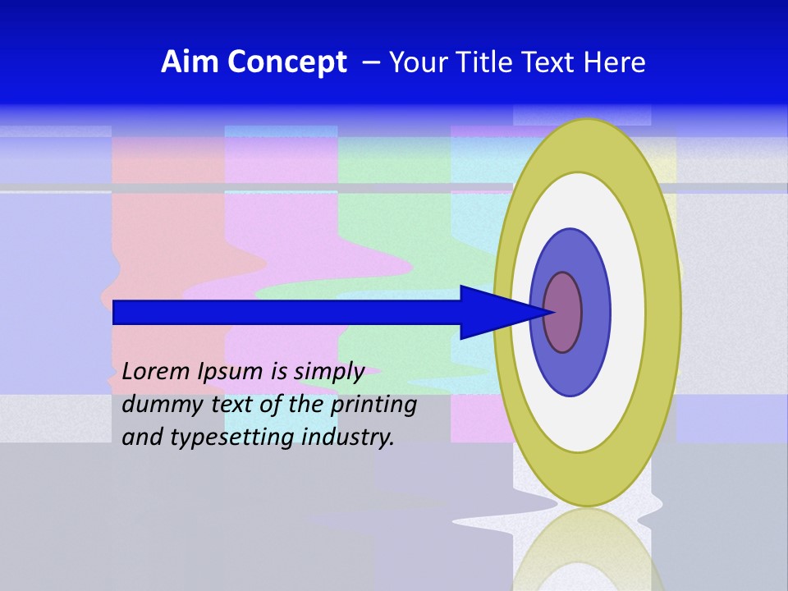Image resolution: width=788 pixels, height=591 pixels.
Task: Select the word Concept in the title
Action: click(x=286, y=62)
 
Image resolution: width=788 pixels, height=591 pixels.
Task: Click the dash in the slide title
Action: click(x=370, y=62)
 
